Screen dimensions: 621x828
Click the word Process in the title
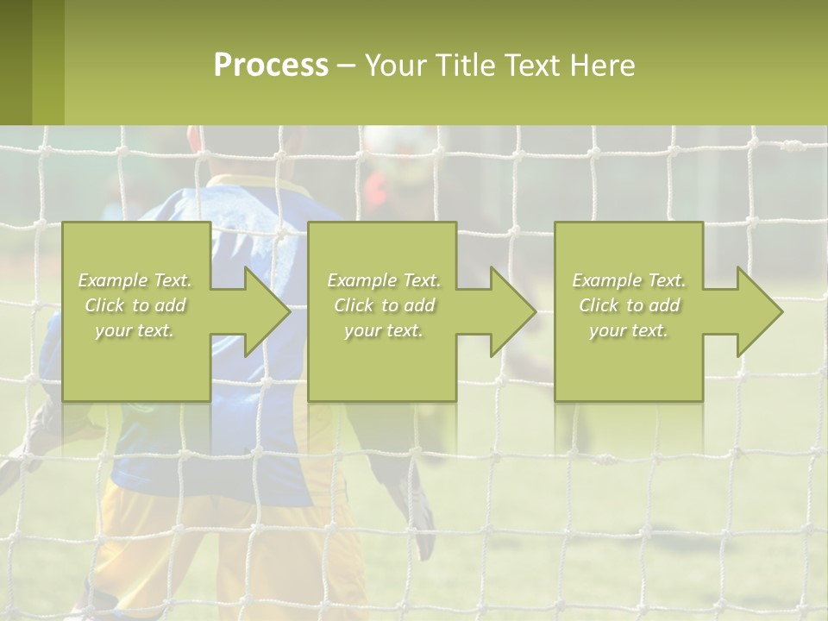[x=271, y=66]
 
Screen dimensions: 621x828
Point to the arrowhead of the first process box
[x=264, y=312]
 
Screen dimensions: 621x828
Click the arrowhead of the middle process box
[x=511, y=312]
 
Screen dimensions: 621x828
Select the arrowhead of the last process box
[x=757, y=312]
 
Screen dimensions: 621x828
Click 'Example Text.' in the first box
[x=135, y=280]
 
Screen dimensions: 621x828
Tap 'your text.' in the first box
[x=135, y=330]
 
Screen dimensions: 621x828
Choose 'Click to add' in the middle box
[x=384, y=305]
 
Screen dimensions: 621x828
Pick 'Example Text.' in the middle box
[x=384, y=280]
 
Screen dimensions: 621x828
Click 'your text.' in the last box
[x=629, y=330]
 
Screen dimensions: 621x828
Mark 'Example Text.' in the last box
[x=629, y=280]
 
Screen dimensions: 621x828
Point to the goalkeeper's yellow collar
[x=250, y=184]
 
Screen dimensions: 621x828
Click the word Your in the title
[x=395, y=66]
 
